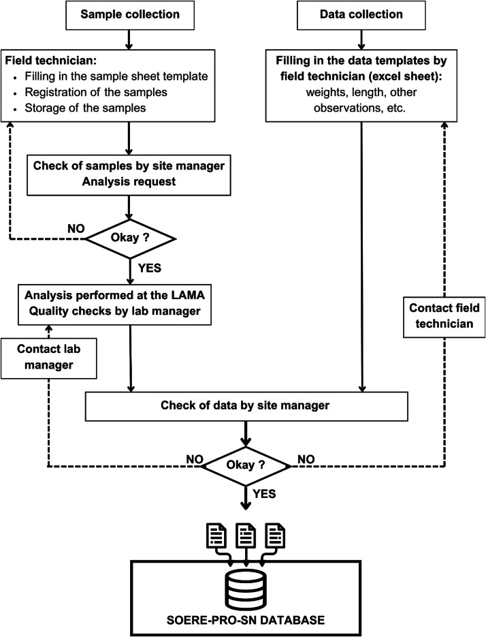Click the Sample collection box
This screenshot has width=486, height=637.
pos(130,14)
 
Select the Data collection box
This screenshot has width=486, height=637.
pos(361,14)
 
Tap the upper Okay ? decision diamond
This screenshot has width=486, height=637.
pos(130,238)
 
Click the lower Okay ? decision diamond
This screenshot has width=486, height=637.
pos(246,465)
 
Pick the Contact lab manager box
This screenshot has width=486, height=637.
pos(49,358)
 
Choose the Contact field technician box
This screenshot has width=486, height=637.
pos(444,317)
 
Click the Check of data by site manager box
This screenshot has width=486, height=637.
pos(246,406)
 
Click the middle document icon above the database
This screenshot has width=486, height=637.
pos(246,535)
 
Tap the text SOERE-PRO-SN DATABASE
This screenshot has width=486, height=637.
pos(246,620)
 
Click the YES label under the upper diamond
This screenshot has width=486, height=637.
pos(150,268)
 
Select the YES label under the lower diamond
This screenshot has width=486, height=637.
pos(264,494)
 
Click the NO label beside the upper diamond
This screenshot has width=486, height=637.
pos(76,229)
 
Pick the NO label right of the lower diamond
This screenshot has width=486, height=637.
pos(306,459)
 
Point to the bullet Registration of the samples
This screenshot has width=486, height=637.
pos(96,92)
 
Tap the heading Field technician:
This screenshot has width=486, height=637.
pos(51,61)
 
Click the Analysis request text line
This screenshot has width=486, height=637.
pos(129,182)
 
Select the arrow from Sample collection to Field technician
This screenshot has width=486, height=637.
pos(129,40)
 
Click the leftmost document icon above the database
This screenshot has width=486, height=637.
pos(217,535)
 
